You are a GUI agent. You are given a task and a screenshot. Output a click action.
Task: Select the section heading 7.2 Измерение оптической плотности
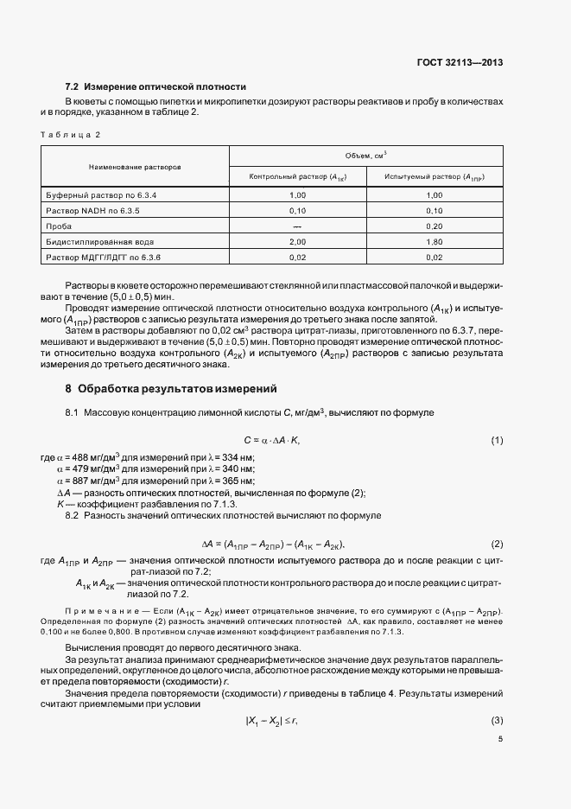(156, 87)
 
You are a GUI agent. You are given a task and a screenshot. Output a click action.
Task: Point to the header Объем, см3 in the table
(365, 155)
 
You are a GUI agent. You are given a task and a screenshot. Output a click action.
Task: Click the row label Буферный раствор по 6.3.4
(102, 195)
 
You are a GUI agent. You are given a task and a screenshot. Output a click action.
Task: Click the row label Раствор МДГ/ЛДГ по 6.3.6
(104, 258)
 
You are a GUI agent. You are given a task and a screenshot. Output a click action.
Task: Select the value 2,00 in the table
(297, 242)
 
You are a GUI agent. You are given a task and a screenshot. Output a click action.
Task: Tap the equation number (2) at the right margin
(497, 544)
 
